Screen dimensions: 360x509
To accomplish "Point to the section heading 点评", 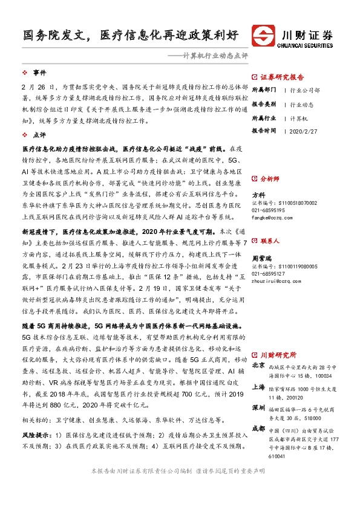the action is coord(39,135).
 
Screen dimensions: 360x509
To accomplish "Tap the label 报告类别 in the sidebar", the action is coord(264,104).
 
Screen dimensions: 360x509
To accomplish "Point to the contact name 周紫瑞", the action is coord(261,258).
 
